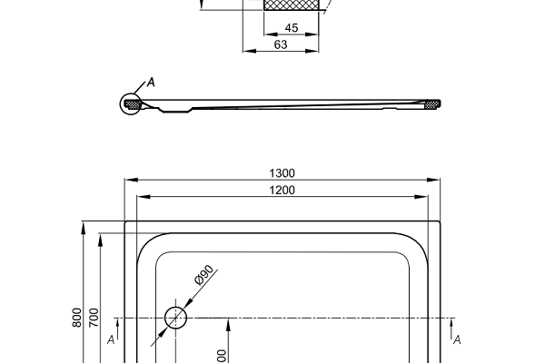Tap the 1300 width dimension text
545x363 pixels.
coord(282,172)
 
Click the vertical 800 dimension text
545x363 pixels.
coord(78,317)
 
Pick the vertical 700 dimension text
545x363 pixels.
coord(94,317)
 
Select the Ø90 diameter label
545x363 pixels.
coord(203,276)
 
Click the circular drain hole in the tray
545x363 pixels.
coord(175,318)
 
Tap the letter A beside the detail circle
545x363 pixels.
coord(151,83)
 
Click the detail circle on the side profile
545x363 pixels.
coord(133,104)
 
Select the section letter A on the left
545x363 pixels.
coord(110,339)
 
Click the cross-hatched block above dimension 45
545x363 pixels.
coord(292,5)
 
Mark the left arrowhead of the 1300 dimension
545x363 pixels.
coord(127,180)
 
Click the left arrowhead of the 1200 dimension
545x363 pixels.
coord(139,197)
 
